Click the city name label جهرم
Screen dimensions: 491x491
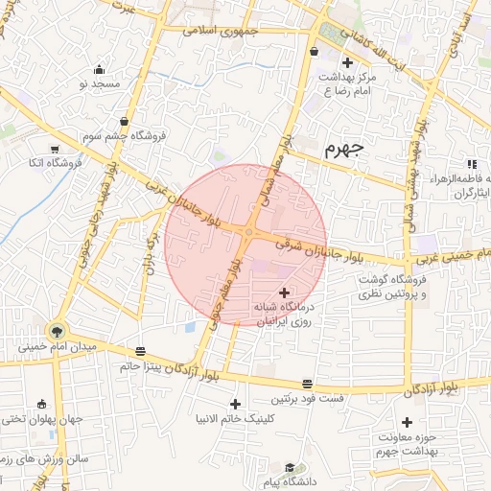point(344,149)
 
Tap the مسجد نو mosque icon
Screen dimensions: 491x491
point(100,69)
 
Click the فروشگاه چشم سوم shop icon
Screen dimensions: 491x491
point(125,121)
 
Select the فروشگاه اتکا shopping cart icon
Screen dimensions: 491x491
point(55,149)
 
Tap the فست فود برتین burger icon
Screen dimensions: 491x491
point(307,383)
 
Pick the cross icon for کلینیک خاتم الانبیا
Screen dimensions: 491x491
point(236,404)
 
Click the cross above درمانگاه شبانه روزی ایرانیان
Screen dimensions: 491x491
point(283,292)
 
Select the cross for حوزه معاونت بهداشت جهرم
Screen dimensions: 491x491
point(407,422)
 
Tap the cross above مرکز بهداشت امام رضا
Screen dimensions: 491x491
point(347,62)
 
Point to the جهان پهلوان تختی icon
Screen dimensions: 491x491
point(41,404)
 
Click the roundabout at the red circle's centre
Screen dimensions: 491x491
point(248,233)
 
